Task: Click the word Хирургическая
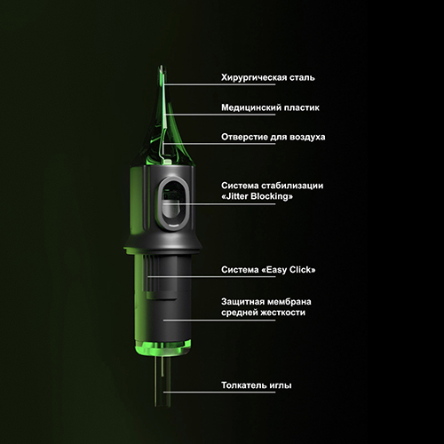[254, 78]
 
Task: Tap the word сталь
[302, 77]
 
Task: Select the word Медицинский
[251, 107]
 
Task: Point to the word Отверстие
[244, 137]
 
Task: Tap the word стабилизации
[292, 186]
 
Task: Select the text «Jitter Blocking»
[258, 196]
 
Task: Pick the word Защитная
[242, 302]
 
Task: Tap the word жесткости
[283, 313]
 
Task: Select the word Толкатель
[244, 385]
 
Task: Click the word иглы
[281, 385]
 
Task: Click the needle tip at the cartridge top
[162, 67]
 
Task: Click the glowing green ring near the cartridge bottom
[162, 347]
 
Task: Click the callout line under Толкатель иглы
[219, 392]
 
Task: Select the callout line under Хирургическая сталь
[220, 84]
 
